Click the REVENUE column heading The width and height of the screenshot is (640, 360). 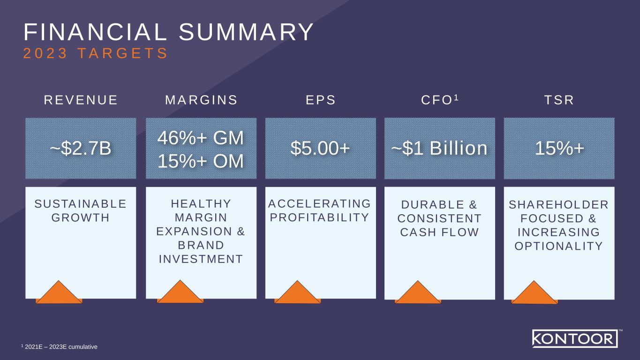click(x=81, y=100)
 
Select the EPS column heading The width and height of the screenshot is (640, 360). click(x=321, y=100)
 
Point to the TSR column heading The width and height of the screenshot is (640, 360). click(x=558, y=100)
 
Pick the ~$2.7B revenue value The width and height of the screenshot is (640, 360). click(x=81, y=148)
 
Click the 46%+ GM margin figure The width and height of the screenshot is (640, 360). click(x=201, y=139)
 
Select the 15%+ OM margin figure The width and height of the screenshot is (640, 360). click(x=201, y=161)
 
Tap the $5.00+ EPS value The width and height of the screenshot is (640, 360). click(x=321, y=148)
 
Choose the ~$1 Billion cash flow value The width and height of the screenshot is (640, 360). click(x=439, y=148)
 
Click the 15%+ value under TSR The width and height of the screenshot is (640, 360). click(x=559, y=148)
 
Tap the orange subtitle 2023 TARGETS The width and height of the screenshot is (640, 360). click(x=96, y=53)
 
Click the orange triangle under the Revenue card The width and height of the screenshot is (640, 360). click(x=59, y=292)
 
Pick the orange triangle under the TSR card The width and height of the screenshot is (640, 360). click(x=535, y=293)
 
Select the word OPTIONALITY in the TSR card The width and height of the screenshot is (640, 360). click(x=559, y=246)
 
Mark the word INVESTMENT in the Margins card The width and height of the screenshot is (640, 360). click(x=201, y=259)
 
